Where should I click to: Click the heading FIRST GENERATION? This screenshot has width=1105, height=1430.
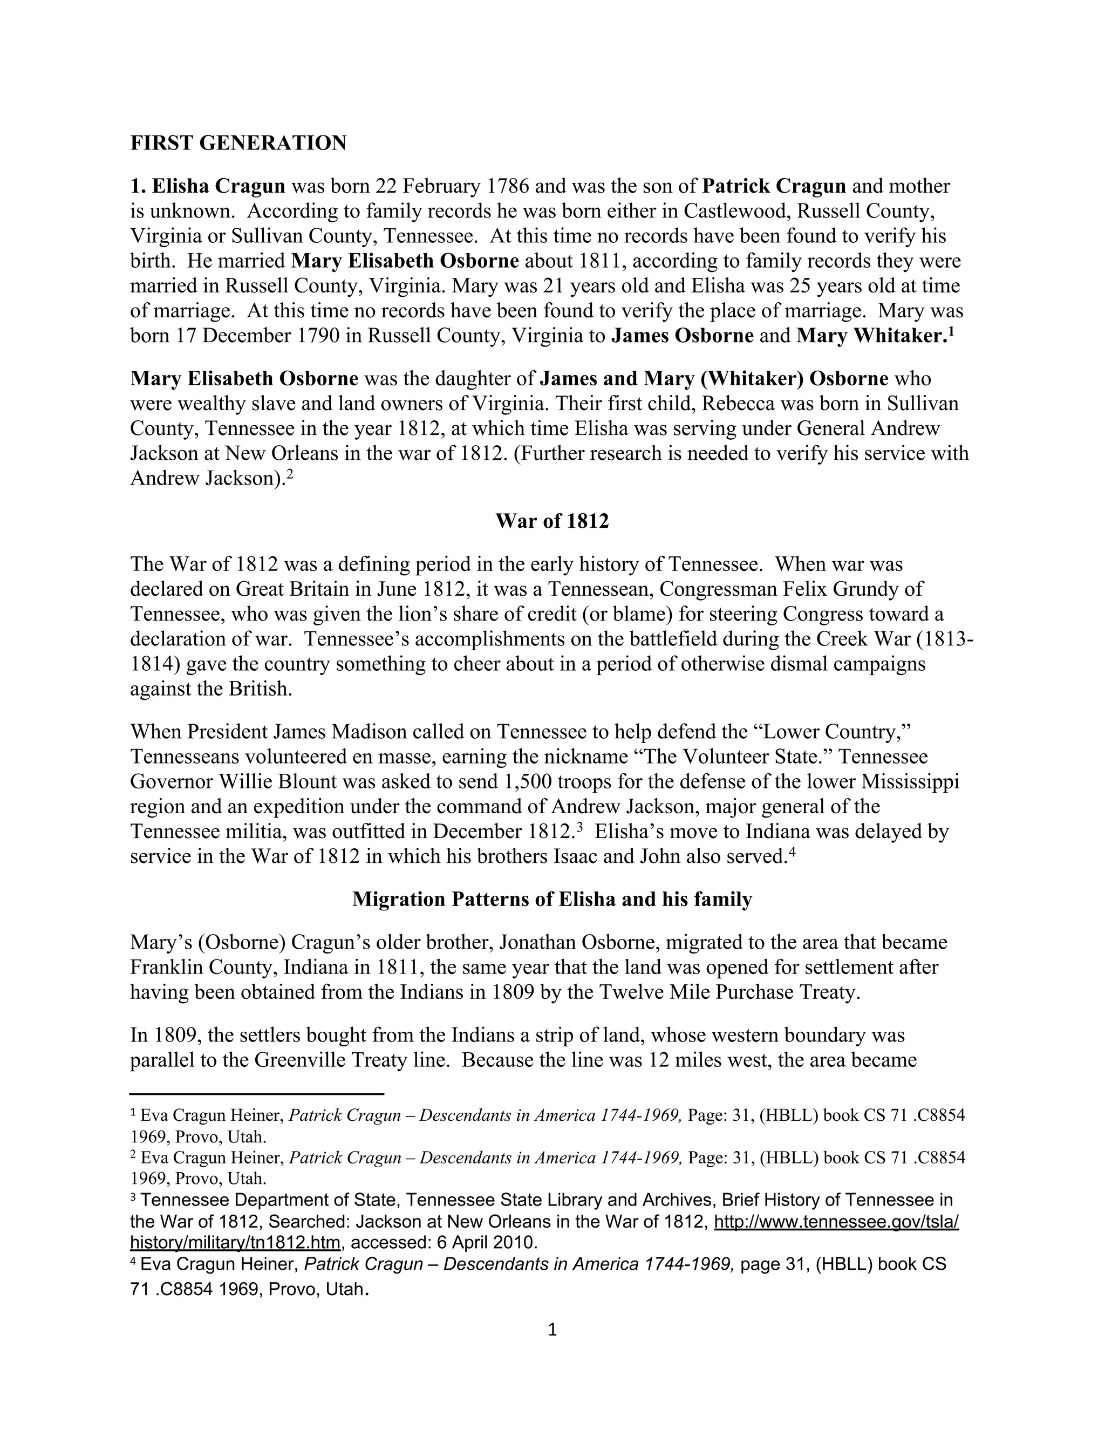pos(238,143)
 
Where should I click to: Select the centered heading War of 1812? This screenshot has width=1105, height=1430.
pos(552,521)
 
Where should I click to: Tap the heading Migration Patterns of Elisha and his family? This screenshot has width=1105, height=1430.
pos(552,899)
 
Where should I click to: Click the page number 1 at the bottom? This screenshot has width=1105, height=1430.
pos(552,1330)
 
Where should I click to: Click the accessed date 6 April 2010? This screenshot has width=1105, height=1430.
pos(486,1242)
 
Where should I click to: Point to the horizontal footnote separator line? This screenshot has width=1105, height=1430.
pos(257,1093)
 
